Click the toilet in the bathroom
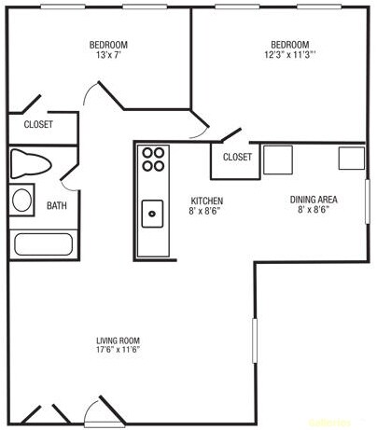31,165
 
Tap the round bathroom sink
22,201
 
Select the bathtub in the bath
43,245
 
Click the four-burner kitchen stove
153,160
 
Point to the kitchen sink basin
153,215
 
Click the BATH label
57,206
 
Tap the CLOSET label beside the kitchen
237,157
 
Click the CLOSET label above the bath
37,124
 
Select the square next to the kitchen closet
278,160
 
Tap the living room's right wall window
254,341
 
